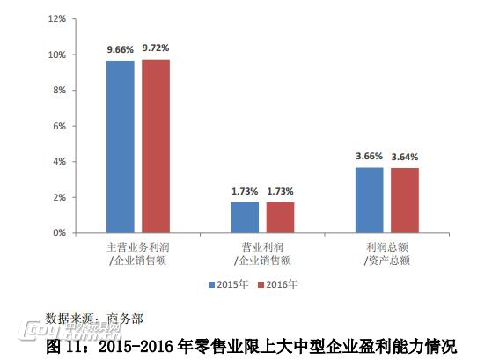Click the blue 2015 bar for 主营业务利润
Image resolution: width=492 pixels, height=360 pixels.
tap(121, 146)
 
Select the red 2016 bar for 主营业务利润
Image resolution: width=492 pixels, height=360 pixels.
tap(156, 146)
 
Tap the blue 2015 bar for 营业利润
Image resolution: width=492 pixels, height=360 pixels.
tap(245, 217)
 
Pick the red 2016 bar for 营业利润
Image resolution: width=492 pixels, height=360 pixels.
tap(280, 217)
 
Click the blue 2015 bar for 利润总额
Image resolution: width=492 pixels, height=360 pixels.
tap(370, 200)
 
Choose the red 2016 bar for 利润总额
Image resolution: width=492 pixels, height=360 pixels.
tap(405, 200)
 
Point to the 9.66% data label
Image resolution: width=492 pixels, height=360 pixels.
tap(121, 48)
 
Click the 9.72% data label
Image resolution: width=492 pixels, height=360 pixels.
tap(156, 48)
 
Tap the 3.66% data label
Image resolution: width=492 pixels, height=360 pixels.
tap(370, 156)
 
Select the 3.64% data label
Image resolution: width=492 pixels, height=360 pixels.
tap(406, 157)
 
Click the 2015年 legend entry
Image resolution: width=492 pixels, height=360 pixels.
tap(228, 284)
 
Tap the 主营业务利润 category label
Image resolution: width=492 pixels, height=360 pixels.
tap(137, 248)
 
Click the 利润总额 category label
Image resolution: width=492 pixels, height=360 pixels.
tap(387, 248)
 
